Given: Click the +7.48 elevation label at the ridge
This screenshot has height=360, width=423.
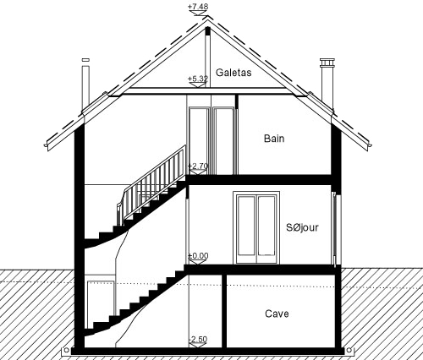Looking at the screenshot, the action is tap(198, 6).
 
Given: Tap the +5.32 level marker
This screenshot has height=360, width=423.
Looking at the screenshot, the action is tap(198, 79).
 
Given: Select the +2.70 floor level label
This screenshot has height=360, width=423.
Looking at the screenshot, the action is tap(198, 166).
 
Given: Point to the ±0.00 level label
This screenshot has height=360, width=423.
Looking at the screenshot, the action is tap(198, 255).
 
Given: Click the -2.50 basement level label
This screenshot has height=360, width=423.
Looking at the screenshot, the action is tap(198, 339).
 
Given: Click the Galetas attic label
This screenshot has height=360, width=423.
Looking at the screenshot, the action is tap(233, 73).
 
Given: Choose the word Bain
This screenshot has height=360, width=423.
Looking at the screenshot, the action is tap(274, 139).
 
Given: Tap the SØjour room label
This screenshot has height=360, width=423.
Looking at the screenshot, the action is tap(302, 227).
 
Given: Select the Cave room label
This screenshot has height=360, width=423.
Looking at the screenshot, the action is tap(277, 314).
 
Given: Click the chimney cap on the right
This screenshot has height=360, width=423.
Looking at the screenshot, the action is tap(327, 63).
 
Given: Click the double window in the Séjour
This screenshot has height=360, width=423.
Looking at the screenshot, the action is tap(256, 228).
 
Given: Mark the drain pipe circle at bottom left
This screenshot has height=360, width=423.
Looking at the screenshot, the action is tap(66, 350).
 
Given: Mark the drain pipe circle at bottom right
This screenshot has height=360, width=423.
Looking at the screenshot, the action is tap(349, 350).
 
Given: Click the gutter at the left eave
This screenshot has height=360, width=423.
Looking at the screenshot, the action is tap(46, 145).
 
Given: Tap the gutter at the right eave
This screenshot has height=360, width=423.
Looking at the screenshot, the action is tap(370, 145).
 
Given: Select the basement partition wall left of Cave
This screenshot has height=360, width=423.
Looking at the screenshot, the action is tap(224, 311).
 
